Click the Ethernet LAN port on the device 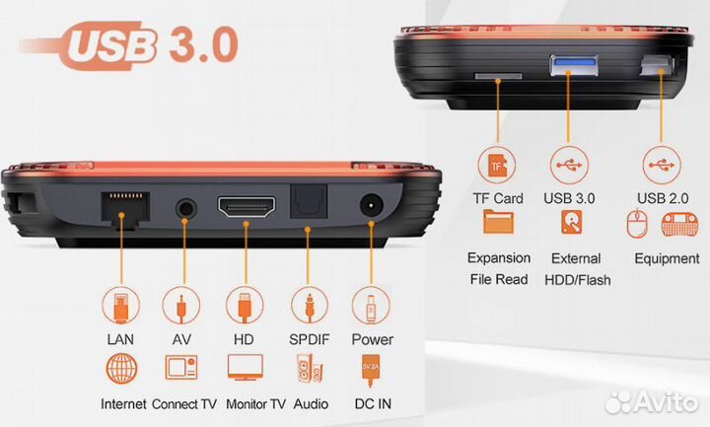pyautogui.click(x=125, y=208)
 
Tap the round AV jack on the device pyautogui.click(x=185, y=210)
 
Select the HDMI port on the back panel pyautogui.click(x=247, y=207)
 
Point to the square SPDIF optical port pyautogui.click(x=309, y=201)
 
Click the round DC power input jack pyautogui.click(x=372, y=206)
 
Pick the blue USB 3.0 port pyautogui.click(x=573, y=65)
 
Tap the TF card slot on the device pyautogui.click(x=498, y=76)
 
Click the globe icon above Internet pyautogui.click(x=122, y=369)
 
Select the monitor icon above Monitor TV pyautogui.click(x=245, y=367)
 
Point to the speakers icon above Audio pyautogui.click(x=310, y=368)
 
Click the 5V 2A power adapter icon pyautogui.click(x=371, y=371)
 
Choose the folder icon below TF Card pyautogui.click(x=498, y=222)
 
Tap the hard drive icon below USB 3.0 pyautogui.click(x=571, y=223)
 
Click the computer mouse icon pyautogui.click(x=637, y=223)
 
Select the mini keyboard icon pyautogui.click(x=679, y=224)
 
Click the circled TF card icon pyautogui.click(x=497, y=166)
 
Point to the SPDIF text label pyautogui.click(x=310, y=339)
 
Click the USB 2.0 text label pyautogui.click(x=663, y=198)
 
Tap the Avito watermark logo pyautogui.click(x=652, y=401)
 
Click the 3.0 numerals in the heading pyautogui.click(x=204, y=44)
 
